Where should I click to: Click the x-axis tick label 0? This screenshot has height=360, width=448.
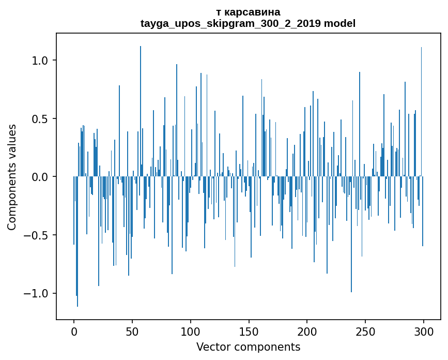(x=74, y=332)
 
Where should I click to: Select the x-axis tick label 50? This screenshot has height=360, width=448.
(x=132, y=332)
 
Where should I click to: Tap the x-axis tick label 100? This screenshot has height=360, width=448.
(x=191, y=332)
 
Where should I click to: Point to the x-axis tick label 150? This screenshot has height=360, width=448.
(x=249, y=332)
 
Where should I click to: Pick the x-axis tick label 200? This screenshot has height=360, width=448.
(x=307, y=332)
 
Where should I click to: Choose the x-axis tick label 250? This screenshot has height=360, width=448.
(x=365, y=332)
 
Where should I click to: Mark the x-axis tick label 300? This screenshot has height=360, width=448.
(x=424, y=332)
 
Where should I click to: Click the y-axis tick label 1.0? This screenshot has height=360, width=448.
(x=40, y=61)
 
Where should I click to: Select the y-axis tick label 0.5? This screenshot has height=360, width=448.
(x=40, y=119)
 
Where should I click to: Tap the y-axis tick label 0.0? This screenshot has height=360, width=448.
(x=40, y=177)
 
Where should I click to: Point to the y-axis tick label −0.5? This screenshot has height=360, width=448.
(x=36, y=235)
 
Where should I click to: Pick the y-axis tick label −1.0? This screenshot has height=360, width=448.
(x=36, y=294)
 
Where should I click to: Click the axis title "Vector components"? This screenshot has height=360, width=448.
(x=248, y=347)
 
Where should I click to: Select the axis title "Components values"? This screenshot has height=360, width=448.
(x=12, y=177)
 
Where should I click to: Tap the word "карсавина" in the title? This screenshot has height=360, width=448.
(x=252, y=12)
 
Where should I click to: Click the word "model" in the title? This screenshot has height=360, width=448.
(x=339, y=23)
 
